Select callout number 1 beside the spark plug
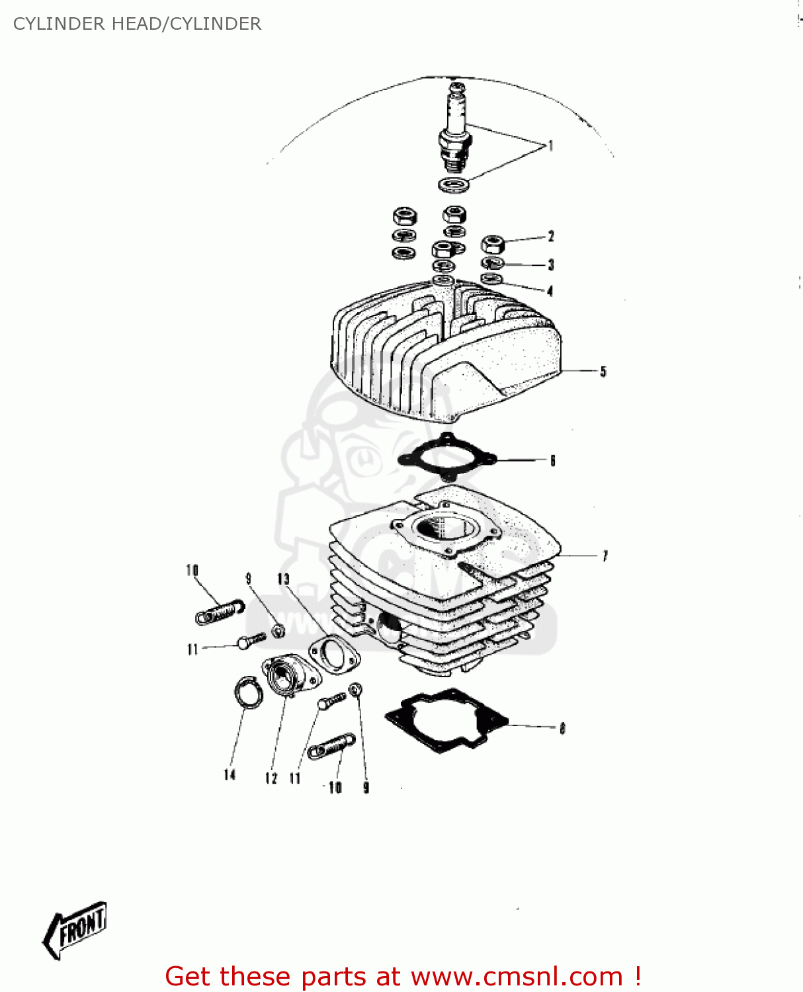coord(550,146)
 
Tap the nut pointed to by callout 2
coord(493,244)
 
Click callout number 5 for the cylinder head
coord(603,372)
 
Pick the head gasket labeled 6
coord(447,456)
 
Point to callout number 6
coord(553,460)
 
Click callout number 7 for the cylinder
coord(605,556)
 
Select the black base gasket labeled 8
coord(447,720)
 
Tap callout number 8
coord(562,728)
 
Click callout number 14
coord(230,774)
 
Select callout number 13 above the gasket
coord(283,579)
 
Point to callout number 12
coord(271,778)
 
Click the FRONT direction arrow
coord(75,929)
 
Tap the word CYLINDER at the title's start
coord(59,24)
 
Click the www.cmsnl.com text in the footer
coord(517,976)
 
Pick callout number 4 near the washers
coord(550,291)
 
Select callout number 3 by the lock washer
coord(550,265)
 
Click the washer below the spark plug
coord(454,185)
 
